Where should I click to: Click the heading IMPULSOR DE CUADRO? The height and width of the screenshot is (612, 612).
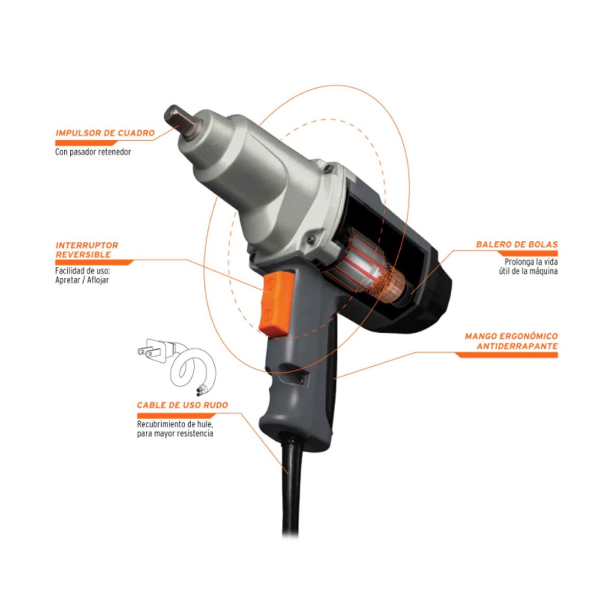105,133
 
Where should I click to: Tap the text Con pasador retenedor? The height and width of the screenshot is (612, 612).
93,152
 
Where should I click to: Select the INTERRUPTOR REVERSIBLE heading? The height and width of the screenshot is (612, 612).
87,249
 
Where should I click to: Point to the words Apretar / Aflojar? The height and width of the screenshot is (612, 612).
82,280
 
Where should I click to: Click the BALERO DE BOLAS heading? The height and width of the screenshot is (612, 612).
517,244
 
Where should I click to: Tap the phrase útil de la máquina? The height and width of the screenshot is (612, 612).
528,271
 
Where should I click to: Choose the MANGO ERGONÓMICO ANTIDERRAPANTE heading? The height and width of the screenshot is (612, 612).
512,341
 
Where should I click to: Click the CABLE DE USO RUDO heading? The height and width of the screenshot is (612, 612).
182,405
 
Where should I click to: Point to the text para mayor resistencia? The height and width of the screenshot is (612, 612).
175,433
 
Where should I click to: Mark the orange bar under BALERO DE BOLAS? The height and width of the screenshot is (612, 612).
527,253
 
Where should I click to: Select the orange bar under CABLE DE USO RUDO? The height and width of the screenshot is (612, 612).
176,416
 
